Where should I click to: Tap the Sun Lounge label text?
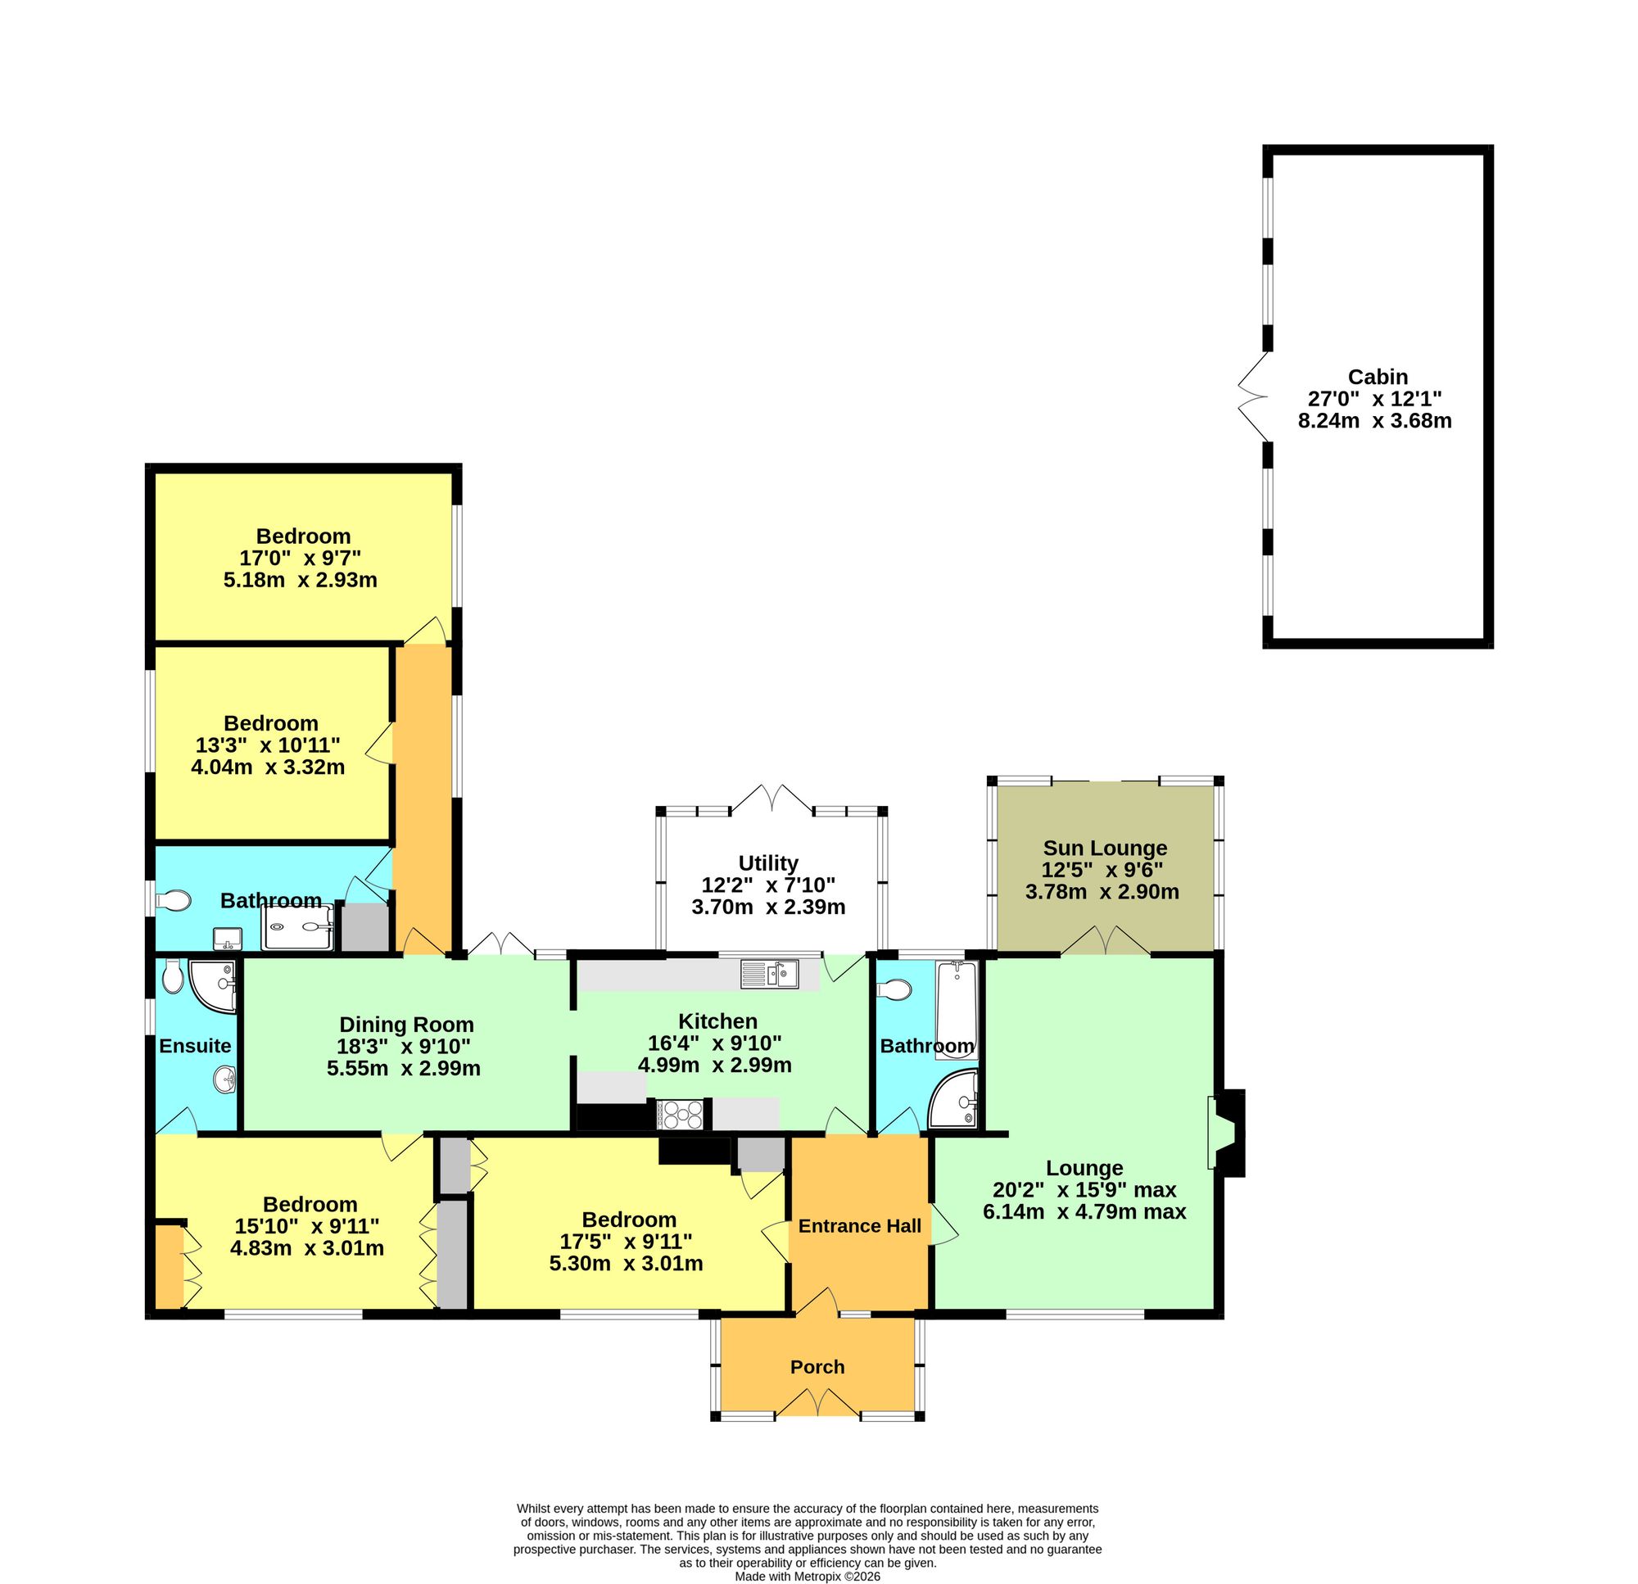point(1105,849)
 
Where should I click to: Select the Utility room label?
point(768,862)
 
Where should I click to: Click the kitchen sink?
point(770,973)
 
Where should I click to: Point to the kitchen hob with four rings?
point(682,1112)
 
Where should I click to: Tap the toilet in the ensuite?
point(173,975)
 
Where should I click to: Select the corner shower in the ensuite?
point(213,986)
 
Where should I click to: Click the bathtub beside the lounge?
point(957,1011)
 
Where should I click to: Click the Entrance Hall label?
point(860,1225)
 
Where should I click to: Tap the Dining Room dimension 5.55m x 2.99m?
point(404,1067)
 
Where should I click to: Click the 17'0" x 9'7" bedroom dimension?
point(300,558)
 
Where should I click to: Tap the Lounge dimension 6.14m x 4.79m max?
point(1084,1211)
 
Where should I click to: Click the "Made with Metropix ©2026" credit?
point(808,1577)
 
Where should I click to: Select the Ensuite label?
point(195,1045)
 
